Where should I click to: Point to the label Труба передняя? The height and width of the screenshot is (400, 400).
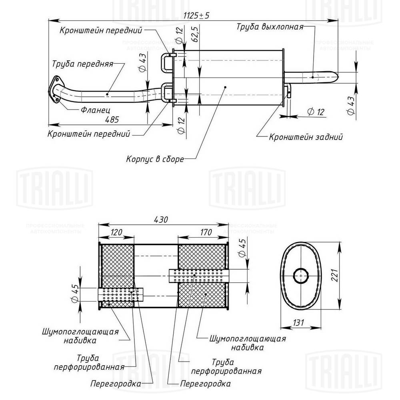(x=82, y=64)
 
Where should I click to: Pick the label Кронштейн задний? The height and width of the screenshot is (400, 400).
(x=306, y=137)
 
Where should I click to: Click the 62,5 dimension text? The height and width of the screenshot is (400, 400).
(x=195, y=35)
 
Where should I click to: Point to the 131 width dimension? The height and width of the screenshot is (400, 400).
(x=298, y=322)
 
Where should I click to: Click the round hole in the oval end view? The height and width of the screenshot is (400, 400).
(x=301, y=276)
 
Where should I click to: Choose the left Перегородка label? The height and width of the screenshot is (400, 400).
(x=116, y=384)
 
